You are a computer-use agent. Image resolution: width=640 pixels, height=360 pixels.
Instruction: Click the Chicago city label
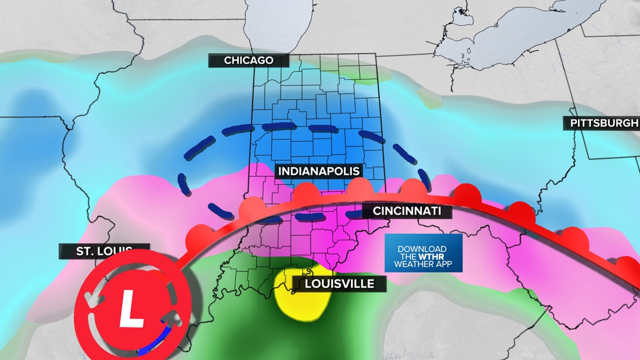pyautogui.click(x=248, y=60)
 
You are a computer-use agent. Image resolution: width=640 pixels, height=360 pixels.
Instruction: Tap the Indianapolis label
pyautogui.click(x=318, y=171)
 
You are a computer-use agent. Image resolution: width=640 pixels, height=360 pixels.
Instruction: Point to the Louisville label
pyautogui.click(x=339, y=284)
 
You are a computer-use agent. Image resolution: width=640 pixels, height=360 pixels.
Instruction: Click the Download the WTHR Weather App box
pyautogui.click(x=423, y=253)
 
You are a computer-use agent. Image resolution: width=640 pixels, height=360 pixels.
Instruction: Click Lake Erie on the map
pyautogui.click(x=505, y=39)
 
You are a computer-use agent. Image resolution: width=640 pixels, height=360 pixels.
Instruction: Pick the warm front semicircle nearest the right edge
pyautogui.click(x=623, y=262)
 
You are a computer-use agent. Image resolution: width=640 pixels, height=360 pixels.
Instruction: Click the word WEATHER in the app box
pyautogui.click(x=414, y=264)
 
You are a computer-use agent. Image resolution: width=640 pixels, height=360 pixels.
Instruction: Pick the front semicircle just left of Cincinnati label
pyautogui.click(x=357, y=188)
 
